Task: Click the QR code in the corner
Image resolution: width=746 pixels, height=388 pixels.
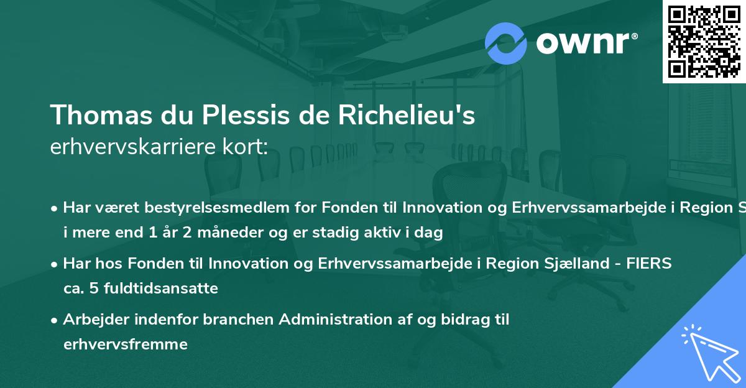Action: point(704,41)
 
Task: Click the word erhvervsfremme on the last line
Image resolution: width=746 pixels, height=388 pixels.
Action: point(125,344)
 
